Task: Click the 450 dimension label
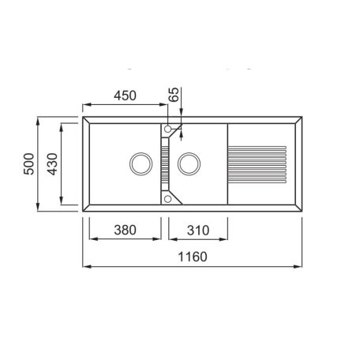(125, 96)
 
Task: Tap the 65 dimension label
(174, 94)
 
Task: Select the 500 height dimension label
(29, 163)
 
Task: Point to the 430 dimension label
(52, 164)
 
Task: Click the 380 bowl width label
(125, 230)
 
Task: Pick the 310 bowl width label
(198, 231)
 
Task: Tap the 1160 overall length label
(193, 257)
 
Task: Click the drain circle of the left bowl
(141, 163)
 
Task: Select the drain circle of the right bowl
(189, 163)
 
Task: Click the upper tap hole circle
(167, 129)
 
